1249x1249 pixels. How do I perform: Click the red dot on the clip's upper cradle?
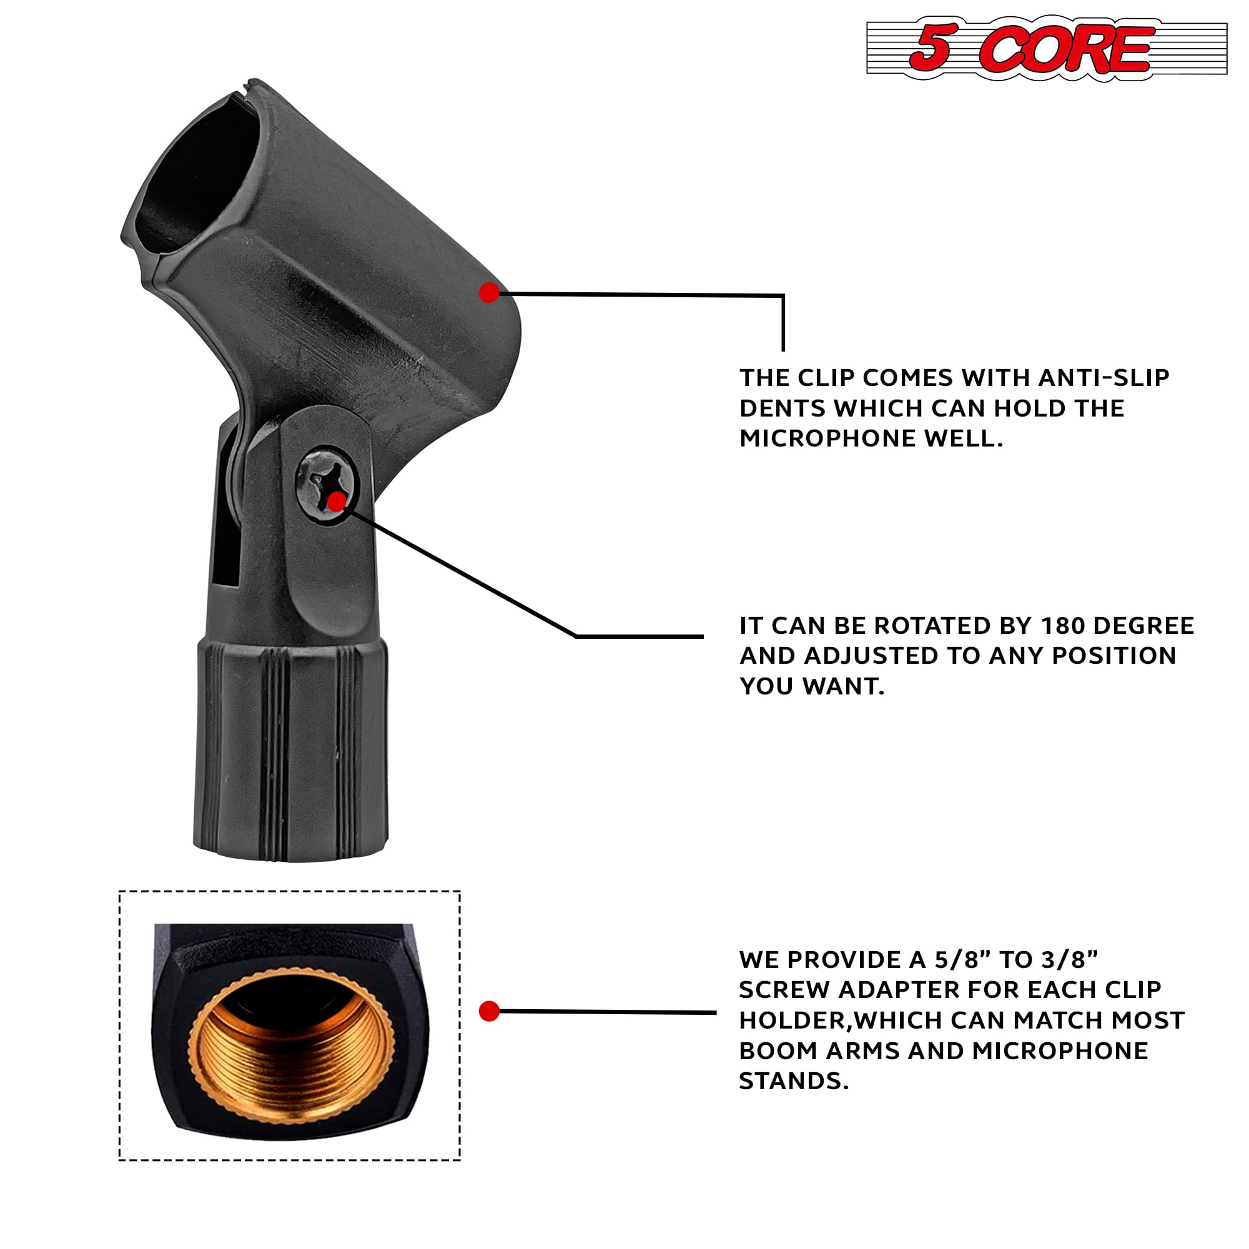pos(490,293)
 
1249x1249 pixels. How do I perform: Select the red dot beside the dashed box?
pos(490,1011)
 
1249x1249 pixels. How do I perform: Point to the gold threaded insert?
pos(291,1042)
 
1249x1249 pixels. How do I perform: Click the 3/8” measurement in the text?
pos(1070,960)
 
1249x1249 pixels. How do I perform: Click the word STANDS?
pos(793,1081)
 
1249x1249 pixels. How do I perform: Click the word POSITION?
pos(1114,656)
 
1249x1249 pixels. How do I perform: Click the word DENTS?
pos(781,408)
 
